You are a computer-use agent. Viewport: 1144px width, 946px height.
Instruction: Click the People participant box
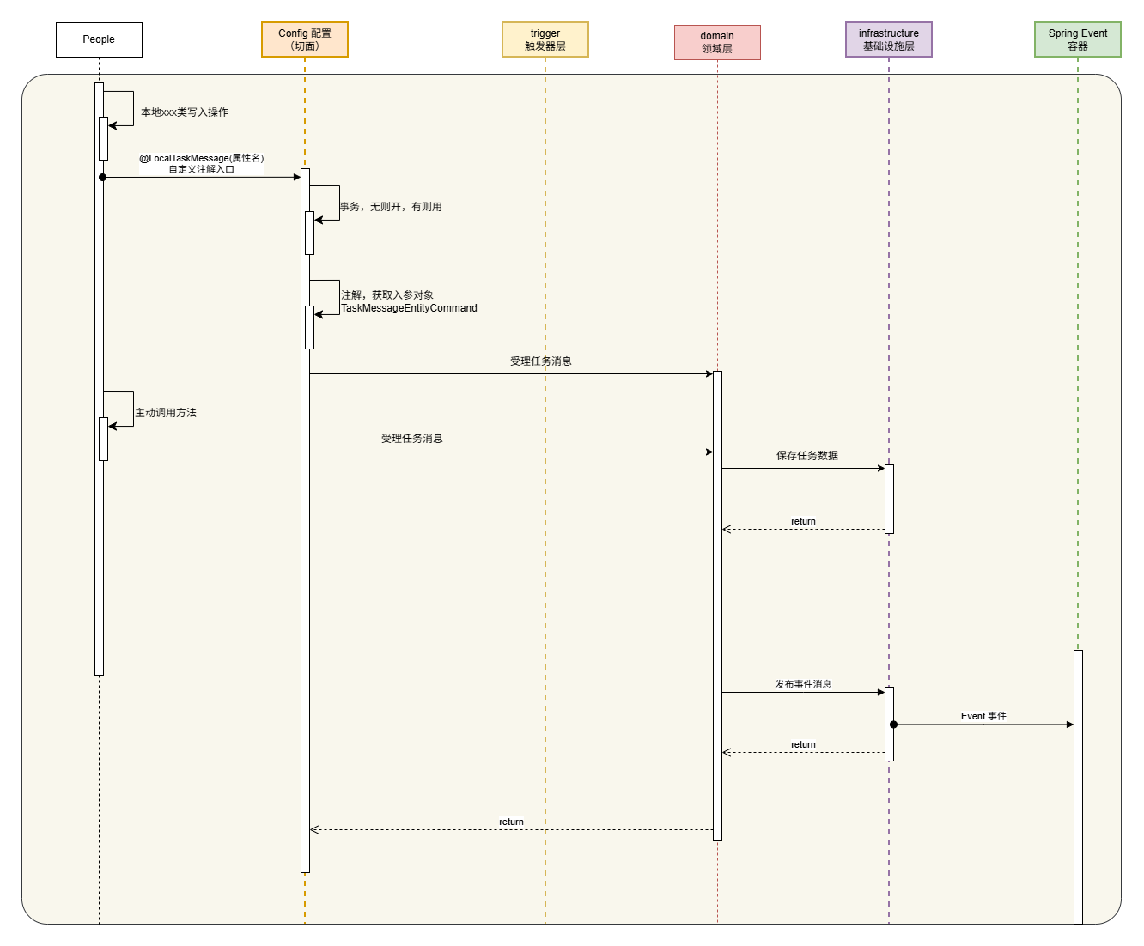point(99,39)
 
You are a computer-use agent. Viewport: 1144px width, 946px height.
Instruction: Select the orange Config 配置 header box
point(305,39)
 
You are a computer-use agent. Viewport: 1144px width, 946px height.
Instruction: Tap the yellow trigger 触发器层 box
point(545,39)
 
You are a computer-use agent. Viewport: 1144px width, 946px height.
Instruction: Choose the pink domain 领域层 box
point(717,42)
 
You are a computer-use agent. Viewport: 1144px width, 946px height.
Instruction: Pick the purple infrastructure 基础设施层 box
point(889,39)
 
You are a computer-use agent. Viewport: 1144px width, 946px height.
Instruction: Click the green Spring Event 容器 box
point(1078,39)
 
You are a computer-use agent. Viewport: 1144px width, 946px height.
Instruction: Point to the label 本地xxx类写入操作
point(185,112)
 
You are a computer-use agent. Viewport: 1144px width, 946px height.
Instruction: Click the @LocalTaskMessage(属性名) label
point(202,158)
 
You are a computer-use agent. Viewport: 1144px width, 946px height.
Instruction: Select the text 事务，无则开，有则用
point(391,207)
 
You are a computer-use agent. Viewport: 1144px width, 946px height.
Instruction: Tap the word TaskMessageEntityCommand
point(409,308)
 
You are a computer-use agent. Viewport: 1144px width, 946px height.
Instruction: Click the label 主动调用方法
point(166,413)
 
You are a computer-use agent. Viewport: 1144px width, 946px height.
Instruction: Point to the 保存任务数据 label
point(807,456)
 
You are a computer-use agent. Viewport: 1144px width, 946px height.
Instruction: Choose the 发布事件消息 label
point(803,684)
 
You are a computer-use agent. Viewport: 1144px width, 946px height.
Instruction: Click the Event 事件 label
point(983,716)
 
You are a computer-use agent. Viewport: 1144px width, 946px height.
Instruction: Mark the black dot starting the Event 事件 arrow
point(893,725)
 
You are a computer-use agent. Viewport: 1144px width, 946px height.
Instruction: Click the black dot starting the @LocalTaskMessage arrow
point(103,177)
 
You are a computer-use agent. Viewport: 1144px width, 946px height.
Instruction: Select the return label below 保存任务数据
point(803,521)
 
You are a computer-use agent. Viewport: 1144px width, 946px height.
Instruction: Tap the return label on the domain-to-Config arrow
point(511,822)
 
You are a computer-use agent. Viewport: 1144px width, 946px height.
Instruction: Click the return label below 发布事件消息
point(803,744)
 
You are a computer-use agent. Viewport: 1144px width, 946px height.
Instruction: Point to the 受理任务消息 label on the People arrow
point(412,439)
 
